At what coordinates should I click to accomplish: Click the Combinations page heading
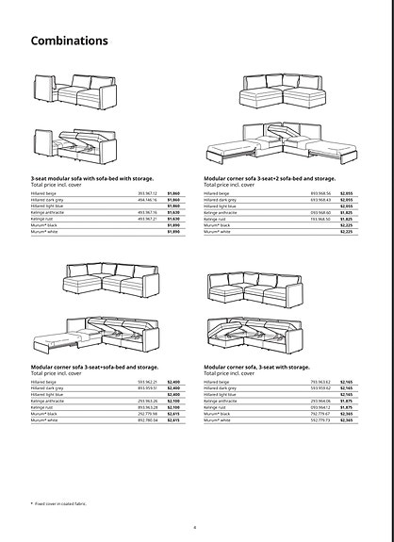(70, 41)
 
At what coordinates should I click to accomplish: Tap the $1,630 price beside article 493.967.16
(172, 212)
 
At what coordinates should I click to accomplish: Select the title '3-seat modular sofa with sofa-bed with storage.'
(91, 177)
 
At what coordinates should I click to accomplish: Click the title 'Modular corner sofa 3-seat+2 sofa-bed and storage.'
(270, 177)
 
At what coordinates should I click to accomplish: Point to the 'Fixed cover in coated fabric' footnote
(59, 504)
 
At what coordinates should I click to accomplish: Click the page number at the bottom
(194, 527)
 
